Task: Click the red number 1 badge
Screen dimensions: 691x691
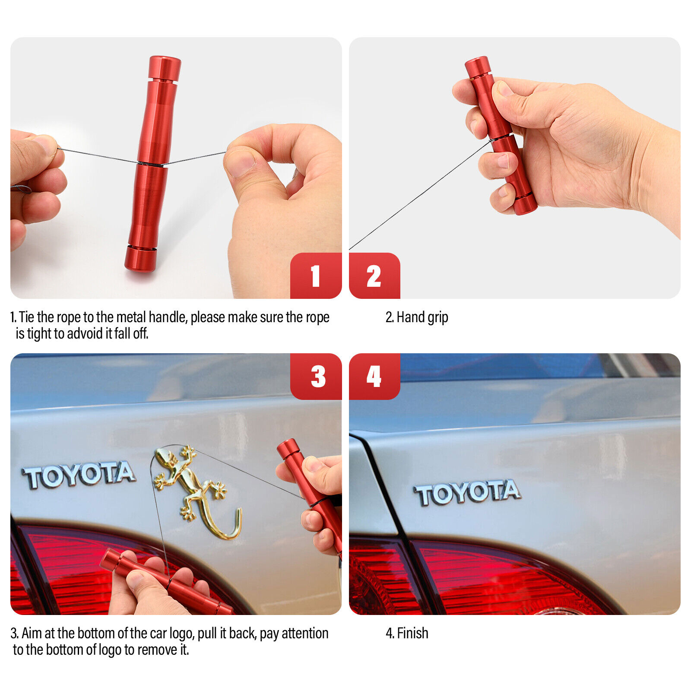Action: tap(316, 276)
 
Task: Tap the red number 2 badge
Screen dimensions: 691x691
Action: tap(374, 276)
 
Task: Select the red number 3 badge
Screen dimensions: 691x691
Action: tap(317, 376)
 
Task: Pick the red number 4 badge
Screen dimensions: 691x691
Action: tap(374, 376)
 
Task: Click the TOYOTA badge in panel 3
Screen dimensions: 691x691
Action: tap(79, 475)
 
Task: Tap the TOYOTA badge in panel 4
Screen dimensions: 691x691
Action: tap(467, 493)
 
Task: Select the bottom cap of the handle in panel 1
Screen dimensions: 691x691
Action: tap(141, 258)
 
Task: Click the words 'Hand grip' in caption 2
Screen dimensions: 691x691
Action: tap(422, 317)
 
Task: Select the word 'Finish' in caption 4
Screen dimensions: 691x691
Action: tap(412, 634)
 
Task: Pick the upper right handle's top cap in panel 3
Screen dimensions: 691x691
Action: tap(288, 449)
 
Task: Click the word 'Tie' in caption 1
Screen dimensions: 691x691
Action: tap(26, 317)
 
